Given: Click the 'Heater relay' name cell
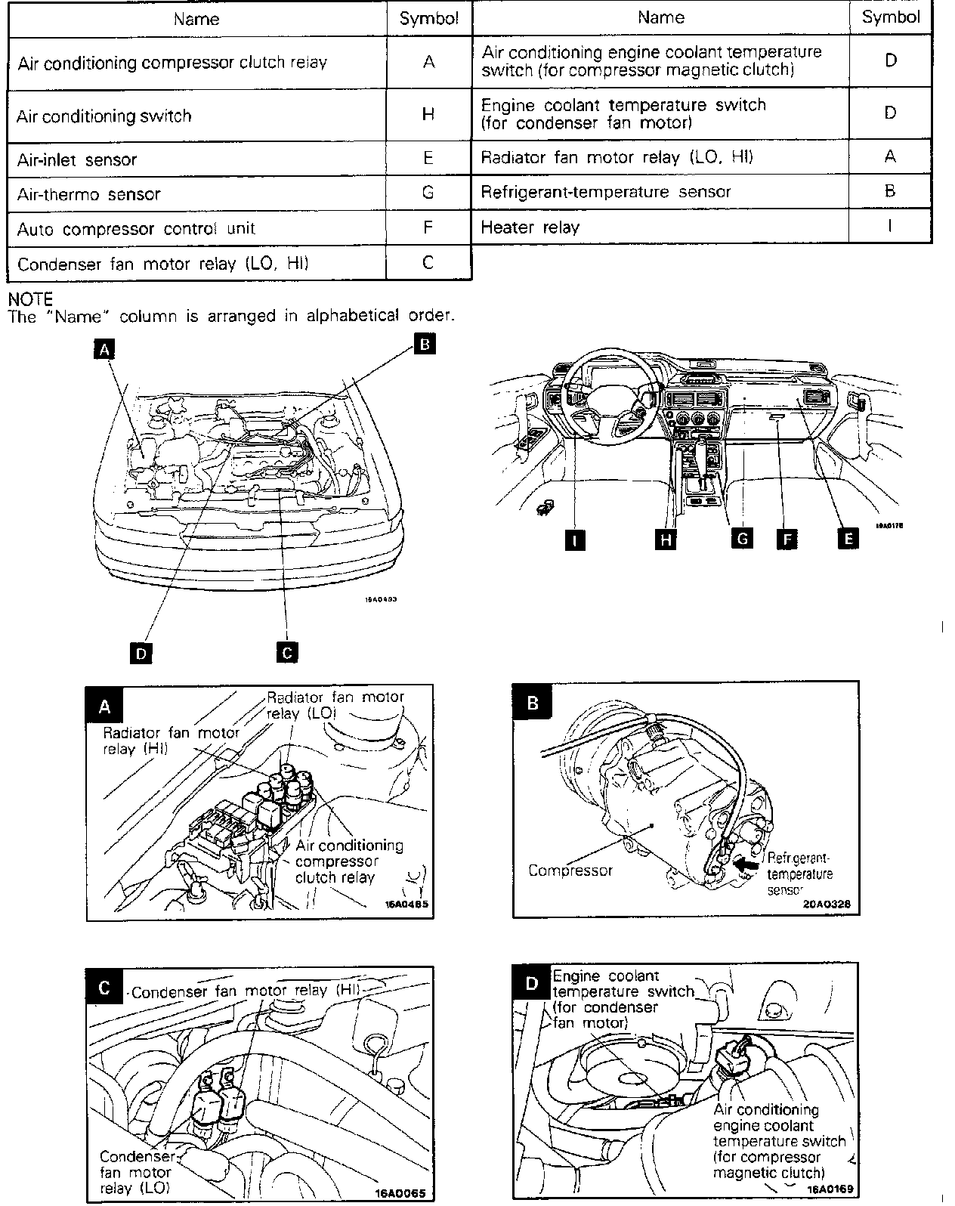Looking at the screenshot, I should click(530, 227).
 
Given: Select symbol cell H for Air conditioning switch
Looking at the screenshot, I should click(428, 114).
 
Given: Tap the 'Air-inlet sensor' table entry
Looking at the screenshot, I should click(77, 159).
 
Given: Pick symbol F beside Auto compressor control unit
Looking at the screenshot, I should click(428, 227).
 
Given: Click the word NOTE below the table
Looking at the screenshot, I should click(30, 300).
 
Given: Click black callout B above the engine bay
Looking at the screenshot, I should click(425, 344).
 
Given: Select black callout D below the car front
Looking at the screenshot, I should click(141, 652).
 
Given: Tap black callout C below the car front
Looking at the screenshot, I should click(286, 651).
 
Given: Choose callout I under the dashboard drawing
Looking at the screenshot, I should click(576, 539).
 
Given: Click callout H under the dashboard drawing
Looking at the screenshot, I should click(665, 539).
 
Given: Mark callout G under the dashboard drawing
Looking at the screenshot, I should click(743, 538).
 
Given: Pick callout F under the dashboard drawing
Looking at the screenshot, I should click(787, 539).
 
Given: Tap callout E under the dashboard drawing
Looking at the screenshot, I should click(848, 538).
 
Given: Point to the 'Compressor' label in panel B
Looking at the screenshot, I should click(570, 870).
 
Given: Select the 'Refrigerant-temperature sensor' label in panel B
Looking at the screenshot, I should click(799, 874).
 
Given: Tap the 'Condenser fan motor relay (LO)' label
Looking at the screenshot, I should click(135, 1172).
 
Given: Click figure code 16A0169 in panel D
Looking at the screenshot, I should click(830, 1189).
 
